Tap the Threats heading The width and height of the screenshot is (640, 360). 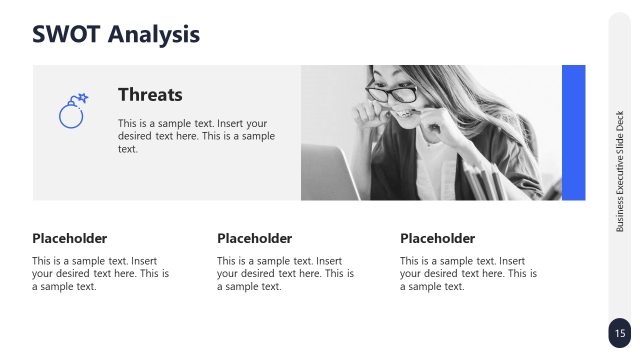pos(150,95)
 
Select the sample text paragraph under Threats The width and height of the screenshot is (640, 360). pos(196,136)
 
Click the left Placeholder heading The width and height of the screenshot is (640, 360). pos(69,238)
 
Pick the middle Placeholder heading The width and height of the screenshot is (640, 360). pos(254,238)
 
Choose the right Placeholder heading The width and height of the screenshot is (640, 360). pos(437,238)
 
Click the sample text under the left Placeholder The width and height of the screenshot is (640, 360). pos(100,273)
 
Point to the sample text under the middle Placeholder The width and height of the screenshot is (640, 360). pos(285,273)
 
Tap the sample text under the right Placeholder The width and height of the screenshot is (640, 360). pos(468,273)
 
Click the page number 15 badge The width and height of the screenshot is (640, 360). pos(620,333)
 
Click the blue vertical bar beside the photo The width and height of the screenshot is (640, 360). pos(573,132)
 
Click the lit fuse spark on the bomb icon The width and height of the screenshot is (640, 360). pos(83,98)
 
